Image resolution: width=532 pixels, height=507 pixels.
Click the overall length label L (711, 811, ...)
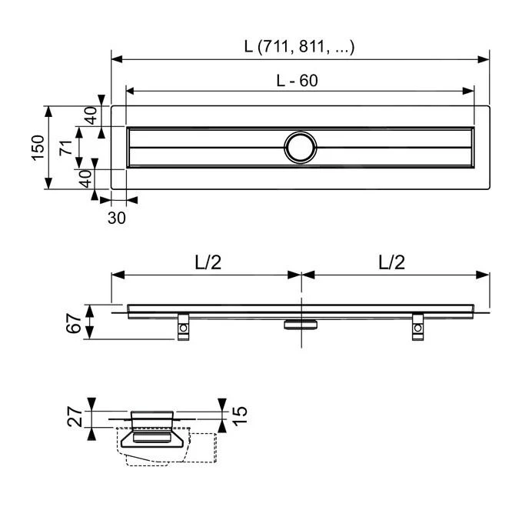(300, 47)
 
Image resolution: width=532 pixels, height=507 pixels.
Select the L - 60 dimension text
(298, 80)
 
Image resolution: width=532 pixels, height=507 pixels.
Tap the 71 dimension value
(67, 145)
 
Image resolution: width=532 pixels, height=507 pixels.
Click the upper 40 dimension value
(90, 116)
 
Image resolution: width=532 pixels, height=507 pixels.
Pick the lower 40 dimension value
(86, 178)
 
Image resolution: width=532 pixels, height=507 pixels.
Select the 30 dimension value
(116, 218)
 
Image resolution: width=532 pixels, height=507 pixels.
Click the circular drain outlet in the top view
(300, 146)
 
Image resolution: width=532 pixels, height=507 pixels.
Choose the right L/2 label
(392, 262)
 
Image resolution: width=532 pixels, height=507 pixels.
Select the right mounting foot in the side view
(417, 327)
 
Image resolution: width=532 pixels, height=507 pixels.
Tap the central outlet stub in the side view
(299, 324)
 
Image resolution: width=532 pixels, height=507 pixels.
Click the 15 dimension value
(240, 415)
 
